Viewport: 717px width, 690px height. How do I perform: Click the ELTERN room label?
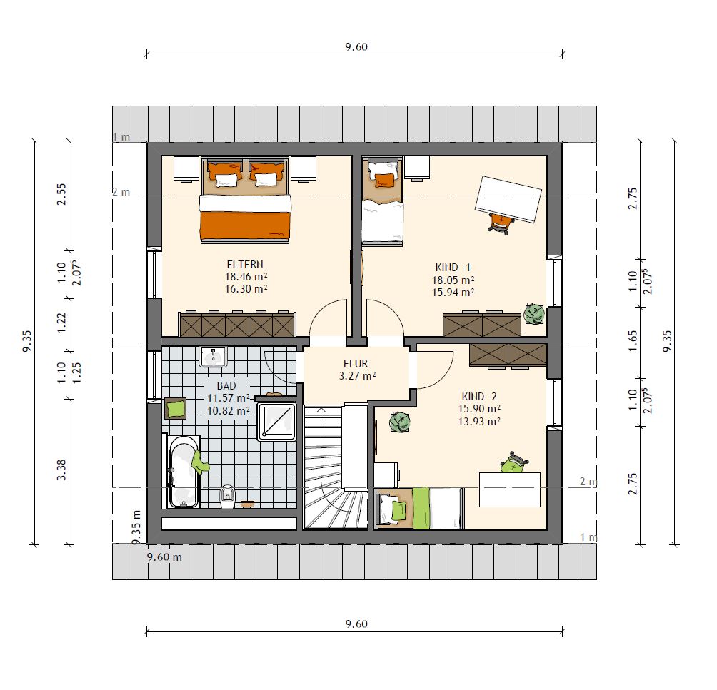point(245,265)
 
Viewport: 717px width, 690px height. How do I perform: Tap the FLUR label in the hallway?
point(356,364)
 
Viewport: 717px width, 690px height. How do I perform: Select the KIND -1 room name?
point(453,268)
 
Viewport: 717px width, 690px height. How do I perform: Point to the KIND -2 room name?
point(479,396)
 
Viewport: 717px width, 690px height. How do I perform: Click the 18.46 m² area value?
point(246,276)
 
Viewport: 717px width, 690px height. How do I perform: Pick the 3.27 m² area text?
point(357,376)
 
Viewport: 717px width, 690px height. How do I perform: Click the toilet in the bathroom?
point(227,496)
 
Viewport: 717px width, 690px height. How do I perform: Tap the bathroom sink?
point(213,357)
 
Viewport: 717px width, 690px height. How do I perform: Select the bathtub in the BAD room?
point(184,472)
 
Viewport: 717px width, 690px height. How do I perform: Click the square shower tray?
point(276,422)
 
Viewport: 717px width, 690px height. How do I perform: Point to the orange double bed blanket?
point(245,224)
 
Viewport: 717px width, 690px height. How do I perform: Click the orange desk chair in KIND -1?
point(501,224)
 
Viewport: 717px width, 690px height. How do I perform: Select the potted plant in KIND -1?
point(533,313)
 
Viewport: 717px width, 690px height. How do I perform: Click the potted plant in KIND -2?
point(399,421)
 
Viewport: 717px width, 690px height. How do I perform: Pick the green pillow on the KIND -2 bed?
point(398,510)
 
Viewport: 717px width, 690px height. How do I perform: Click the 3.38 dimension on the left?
point(61,470)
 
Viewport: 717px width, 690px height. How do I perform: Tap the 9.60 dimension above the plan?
point(356,46)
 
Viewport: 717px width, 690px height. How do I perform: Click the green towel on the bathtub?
point(199,462)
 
